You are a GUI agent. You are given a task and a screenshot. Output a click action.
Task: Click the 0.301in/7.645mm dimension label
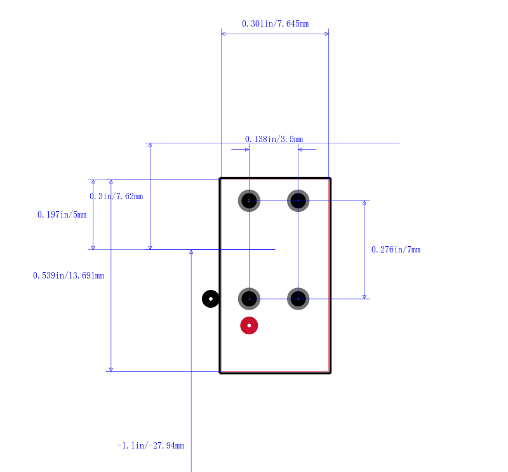[275, 23]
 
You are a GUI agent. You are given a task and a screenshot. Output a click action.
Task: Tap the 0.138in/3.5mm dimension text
[274, 139]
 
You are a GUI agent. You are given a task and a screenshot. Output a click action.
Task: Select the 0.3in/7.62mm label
[116, 196]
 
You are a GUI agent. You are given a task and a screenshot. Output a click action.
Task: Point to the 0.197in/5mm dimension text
[62, 214]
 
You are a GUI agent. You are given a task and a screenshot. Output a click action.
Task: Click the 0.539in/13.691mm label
[69, 275]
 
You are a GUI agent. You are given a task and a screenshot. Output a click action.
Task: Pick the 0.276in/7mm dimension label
[396, 249]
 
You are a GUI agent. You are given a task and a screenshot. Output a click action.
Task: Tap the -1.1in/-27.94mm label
[150, 445]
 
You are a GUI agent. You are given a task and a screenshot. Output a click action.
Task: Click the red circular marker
[249, 325]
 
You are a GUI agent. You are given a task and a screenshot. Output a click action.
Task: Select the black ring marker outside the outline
[211, 299]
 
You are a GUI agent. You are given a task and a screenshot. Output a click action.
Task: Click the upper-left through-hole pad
[249, 200]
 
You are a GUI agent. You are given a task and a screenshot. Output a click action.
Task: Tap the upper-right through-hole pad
[298, 200]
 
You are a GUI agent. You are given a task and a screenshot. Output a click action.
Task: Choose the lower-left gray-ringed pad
[249, 299]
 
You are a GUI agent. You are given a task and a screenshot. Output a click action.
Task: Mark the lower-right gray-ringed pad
[298, 299]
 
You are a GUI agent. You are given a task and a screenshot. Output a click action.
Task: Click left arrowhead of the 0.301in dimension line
[224, 34]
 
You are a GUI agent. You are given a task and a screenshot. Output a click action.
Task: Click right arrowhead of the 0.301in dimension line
[327, 34]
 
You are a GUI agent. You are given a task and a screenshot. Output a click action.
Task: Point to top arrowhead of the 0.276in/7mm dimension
[364, 202]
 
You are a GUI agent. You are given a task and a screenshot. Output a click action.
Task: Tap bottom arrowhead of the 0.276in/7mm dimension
[364, 297]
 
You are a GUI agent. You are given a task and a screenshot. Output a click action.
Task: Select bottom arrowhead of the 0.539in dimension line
[110, 369]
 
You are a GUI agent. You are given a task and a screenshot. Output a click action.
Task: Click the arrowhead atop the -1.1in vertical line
[191, 251]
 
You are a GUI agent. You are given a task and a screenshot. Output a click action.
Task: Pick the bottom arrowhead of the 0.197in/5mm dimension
[93, 247]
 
